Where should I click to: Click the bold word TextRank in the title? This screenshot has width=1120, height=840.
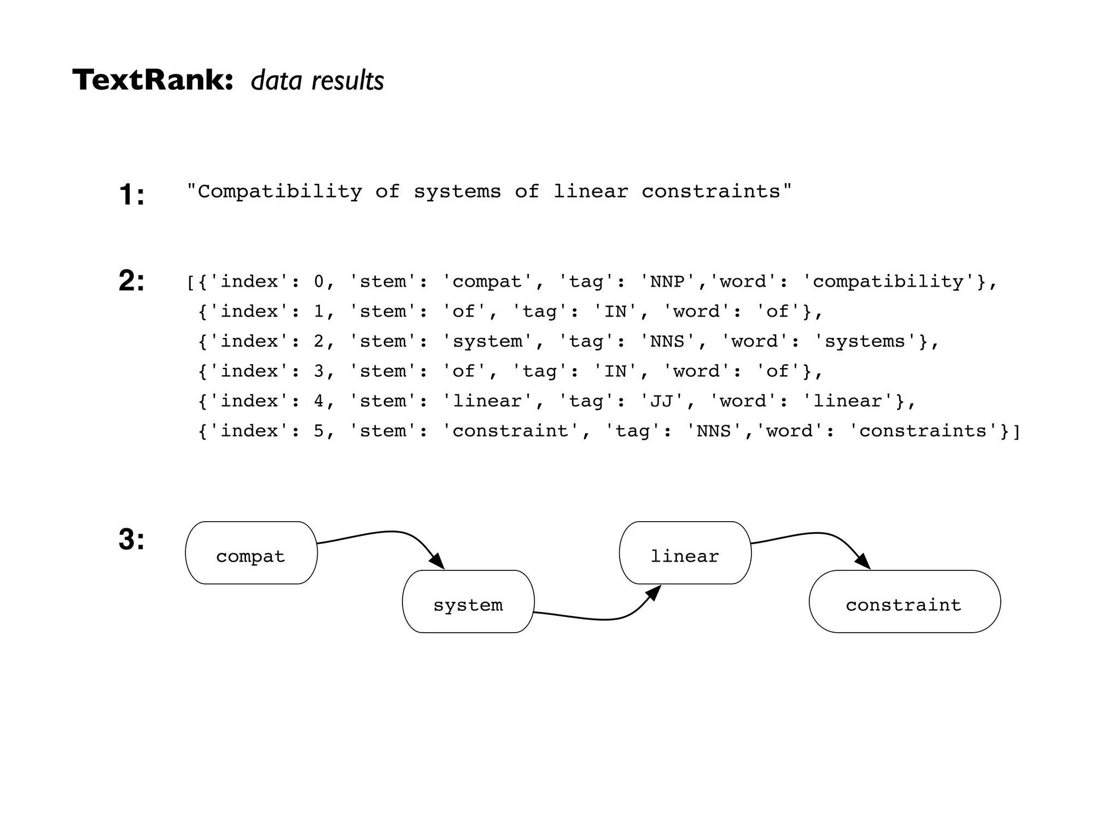[152, 80]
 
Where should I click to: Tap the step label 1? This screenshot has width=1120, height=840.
[132, 195]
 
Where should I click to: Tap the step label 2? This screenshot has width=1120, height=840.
[132, 281]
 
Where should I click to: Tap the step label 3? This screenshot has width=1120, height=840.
[132, 539]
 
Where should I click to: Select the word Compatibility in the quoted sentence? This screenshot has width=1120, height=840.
[279, 191]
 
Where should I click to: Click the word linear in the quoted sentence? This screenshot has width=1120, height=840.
[591, 191]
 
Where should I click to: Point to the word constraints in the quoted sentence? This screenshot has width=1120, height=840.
[711, 191]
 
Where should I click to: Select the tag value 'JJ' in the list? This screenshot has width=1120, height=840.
[662, 401]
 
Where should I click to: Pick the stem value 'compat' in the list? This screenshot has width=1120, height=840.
[487, 282]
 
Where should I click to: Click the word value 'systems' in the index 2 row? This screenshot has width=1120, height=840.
[865, 341]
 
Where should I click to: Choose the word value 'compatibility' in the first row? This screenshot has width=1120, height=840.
[888, 282]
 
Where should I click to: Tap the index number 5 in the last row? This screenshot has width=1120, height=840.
[319, 431]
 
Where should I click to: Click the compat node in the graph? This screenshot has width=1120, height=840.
[251, 553]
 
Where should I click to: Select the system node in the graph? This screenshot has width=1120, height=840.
[468, 602]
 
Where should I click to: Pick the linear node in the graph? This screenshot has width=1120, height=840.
[685, 553]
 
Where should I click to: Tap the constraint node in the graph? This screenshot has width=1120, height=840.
[904, 602]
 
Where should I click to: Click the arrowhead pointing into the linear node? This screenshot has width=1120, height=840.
[654, 593]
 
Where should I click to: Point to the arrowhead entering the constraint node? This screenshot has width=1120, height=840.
[862, 561]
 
